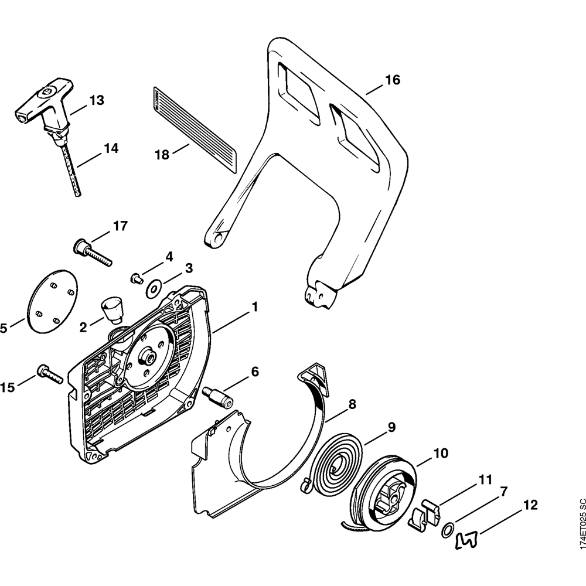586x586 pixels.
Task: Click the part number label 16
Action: pyautogui.click(x=392, y=80)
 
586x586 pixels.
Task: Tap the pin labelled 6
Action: pyautogui.click(x=218, y=395)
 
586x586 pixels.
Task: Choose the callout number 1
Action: pyautogui.click(x=255, y=306)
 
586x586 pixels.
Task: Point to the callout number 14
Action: pyautogui.click(x=111, y=148)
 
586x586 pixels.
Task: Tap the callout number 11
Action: pyautogui.click(x=485, y=479)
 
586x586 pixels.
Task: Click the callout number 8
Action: pyautogui.click(x=352, y=404)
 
